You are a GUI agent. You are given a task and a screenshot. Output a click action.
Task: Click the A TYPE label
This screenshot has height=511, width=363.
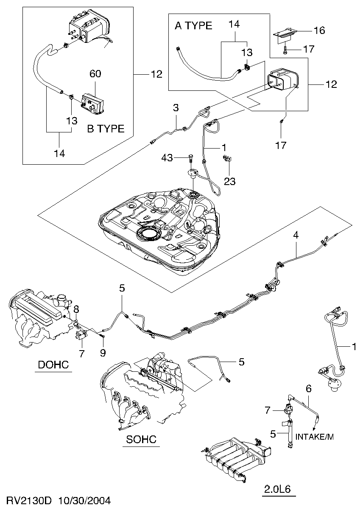tap(193, 26)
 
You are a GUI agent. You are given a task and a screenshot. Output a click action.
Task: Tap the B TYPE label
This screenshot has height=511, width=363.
tap(106, 129)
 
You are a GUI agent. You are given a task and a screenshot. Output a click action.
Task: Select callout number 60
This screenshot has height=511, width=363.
tap(95, 74)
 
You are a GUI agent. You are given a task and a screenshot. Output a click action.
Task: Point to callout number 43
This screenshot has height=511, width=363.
tap(167, 157)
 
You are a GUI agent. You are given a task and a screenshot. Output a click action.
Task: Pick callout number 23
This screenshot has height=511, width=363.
tap(229, 181)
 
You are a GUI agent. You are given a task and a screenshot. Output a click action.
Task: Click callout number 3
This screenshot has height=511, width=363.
tap(176, 108)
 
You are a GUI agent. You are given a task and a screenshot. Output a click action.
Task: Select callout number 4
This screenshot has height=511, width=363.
tap(296, 235)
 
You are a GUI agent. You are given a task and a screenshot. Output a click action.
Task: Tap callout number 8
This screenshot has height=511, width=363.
tap(76, 309)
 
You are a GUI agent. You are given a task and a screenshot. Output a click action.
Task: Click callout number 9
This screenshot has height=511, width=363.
tap(103, 353)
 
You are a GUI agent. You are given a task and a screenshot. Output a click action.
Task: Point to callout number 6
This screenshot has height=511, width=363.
tap(308, 388)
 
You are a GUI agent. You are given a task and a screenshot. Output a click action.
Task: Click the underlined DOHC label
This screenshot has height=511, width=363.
tap(53, 365)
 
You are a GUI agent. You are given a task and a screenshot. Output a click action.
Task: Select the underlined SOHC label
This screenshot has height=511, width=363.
tap(141, 439)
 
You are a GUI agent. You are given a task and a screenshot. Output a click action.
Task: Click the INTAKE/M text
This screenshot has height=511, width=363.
tap(315, 437)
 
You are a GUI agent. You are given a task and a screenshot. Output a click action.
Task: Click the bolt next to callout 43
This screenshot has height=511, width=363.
tap(191, 159)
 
